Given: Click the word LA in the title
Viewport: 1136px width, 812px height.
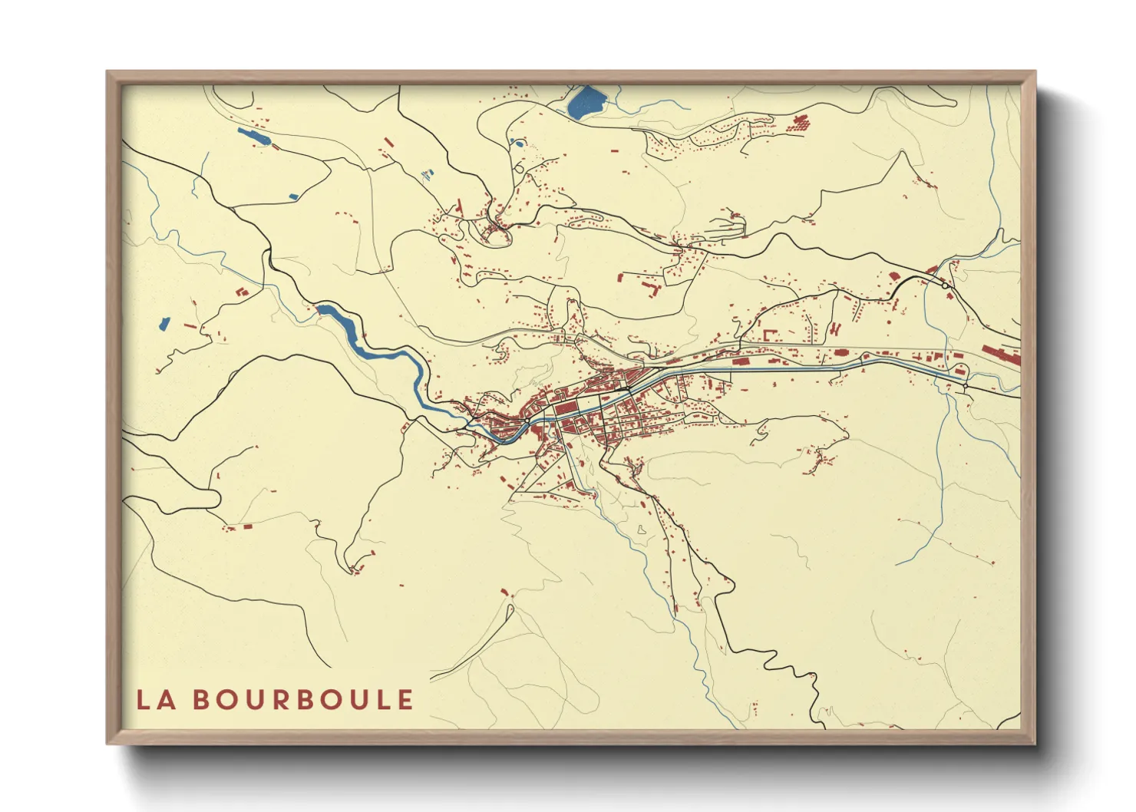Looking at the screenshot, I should click(x=154, y=700).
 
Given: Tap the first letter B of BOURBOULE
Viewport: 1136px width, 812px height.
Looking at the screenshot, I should click(x=201, y=700).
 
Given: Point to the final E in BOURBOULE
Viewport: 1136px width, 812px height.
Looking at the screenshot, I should click(x=405, y=700).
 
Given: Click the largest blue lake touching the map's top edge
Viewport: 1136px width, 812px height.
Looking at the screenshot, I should click(x=586, y=101).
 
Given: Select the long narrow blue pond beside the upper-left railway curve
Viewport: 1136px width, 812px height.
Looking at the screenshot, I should click(x=254, y=138).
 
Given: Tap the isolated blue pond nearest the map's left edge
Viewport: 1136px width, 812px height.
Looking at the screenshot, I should click(x=163, y=323).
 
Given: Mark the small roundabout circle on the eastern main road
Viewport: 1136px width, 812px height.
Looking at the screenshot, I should click(x=943, y=285).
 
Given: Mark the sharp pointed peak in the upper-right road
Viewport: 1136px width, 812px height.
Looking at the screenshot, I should click(x=900, y=153).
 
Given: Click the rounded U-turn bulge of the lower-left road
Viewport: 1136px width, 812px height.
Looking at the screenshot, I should click(x=353, y=566).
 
